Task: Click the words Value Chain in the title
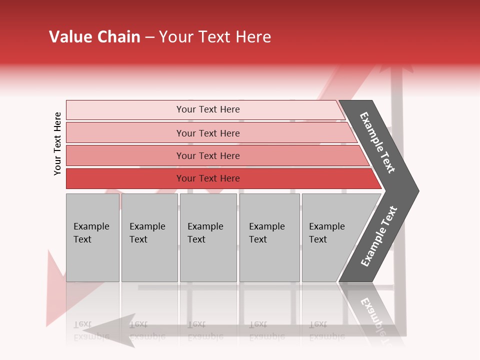[94, 37]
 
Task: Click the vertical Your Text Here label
[57, 143]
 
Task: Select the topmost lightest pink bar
[125, 109]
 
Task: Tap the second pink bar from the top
[125, 133]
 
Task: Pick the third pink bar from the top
[125, 155]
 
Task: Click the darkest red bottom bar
[125, 178]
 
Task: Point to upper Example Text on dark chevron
[377, 142]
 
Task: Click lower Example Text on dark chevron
[379, 236]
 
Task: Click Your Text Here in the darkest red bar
[208, 178]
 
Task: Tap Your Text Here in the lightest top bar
[208, 109]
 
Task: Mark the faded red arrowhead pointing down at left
[55, 290]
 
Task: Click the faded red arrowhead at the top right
[397, 68]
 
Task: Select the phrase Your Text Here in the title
[215, 37]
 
